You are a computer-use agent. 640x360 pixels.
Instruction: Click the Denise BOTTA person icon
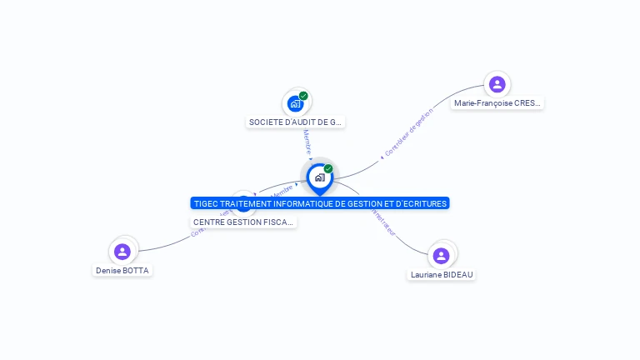tap(122, 251)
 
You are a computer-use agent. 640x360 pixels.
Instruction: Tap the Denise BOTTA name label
tap(123, 270)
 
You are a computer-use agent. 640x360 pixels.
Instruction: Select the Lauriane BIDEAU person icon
tap(441, 255)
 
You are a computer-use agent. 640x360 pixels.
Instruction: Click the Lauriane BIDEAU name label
tap(442, 274)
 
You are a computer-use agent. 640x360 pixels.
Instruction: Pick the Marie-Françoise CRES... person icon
tap(497, 84)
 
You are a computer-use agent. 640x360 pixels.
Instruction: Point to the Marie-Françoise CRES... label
tap(497, 103)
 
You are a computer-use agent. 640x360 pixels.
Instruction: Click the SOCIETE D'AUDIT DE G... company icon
tap(295, 103)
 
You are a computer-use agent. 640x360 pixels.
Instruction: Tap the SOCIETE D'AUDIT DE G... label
tap(296, 122)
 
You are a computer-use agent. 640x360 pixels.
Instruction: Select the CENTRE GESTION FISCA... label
tap(243, 222)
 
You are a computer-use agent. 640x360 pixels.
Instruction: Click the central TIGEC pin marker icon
tap(319, 177)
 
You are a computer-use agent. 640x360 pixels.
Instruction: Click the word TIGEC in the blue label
tap(205, 203)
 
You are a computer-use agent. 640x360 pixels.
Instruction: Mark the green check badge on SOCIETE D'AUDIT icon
tap(303, 96)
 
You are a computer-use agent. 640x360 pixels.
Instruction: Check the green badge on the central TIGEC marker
tap(328, 168)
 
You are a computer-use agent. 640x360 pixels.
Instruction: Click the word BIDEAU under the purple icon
tap(457, 274)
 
